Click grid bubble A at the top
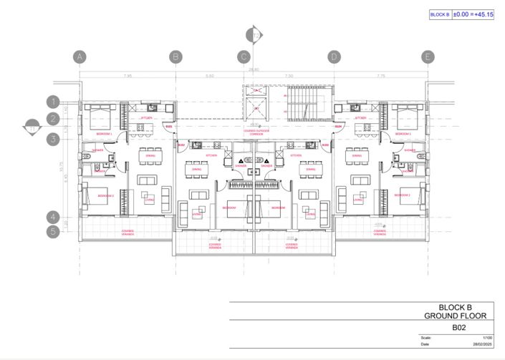80,57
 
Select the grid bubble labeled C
244,57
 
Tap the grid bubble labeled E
428,57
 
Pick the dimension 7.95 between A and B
128,75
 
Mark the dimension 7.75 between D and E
380,75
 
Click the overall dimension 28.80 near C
254,70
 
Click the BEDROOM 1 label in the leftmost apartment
105,134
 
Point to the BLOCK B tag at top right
440,14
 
